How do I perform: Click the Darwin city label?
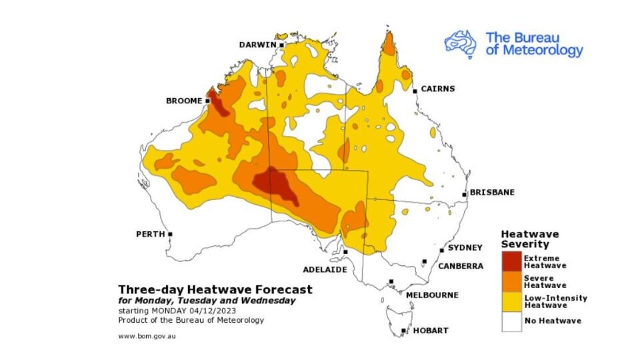click(x=257, y=45)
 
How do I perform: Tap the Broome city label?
click(x=183, y=101)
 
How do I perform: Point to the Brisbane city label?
click(x=492, y=193)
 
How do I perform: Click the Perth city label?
click(x=151, y=235)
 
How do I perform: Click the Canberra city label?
click(x=461, y=266)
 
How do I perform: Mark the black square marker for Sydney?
click(x=441, y=251)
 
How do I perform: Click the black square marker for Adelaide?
click(x=345, y=251)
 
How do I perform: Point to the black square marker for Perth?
click(x=171, y=234)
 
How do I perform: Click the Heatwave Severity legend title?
click(x=530, y=239)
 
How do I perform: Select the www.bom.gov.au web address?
click(x=147, y=336)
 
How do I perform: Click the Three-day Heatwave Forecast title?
click(x=215, y=290)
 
